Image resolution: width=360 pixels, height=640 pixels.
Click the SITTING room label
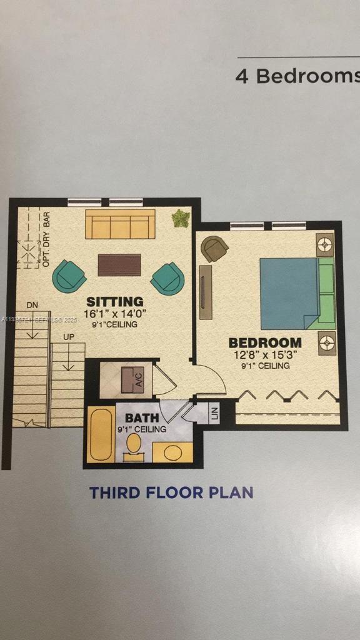click(114, 302)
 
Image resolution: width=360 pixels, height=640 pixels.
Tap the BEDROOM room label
click(265, 342)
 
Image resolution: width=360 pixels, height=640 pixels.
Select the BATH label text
click(142, 417)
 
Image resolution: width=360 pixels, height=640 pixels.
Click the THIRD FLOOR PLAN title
click(171, 492)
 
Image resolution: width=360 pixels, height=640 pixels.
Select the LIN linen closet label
click(214, 414)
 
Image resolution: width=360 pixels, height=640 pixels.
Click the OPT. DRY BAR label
click(46, 241)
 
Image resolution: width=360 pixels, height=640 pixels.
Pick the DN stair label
click(32, 304)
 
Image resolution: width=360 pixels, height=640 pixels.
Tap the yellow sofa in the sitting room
click(120, 224)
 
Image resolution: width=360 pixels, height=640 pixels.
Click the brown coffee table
click(119, 264)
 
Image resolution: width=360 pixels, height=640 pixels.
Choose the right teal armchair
click(167, 278)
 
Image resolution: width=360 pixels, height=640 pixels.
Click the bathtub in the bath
click(100, 435)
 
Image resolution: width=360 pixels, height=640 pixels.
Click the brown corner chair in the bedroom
click(215, 249)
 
